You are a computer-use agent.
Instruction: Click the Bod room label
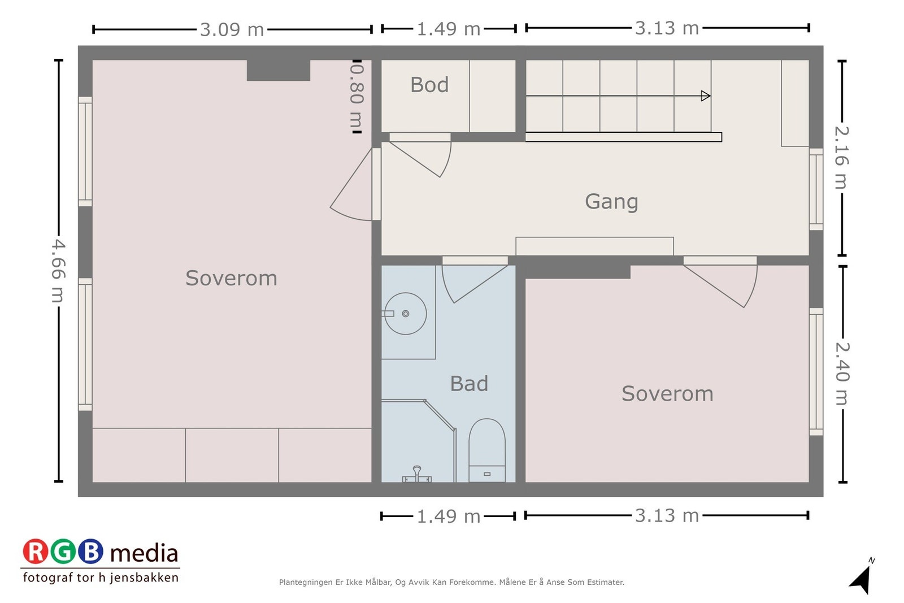(429, 85)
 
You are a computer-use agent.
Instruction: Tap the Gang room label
(611, 202)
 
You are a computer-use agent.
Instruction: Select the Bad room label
(469, 383)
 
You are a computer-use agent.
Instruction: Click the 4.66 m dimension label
(59, 271)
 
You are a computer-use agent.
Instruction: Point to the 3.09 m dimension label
(232, 29)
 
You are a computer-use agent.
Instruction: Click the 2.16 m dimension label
(842, 158)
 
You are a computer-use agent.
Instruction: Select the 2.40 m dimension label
(842, 374)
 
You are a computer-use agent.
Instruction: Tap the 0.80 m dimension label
(357, 96)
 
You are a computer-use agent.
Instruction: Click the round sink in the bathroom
(405, 314)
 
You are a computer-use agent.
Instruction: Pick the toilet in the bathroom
(486, 450)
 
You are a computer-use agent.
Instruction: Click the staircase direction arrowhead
(706, 96)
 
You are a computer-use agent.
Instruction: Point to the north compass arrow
(861, 580)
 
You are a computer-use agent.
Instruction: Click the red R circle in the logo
(35, 552)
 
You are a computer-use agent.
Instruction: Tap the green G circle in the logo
(63, 552)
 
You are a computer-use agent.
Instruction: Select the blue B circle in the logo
(90, 552)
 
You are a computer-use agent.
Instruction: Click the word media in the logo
(144, 553)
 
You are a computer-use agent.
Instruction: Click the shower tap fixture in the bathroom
(417, 474)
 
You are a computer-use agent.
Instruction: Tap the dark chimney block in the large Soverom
(279, 71)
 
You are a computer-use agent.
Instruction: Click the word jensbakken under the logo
(144, 578)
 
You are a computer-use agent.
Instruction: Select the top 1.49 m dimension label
(449, 29)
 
